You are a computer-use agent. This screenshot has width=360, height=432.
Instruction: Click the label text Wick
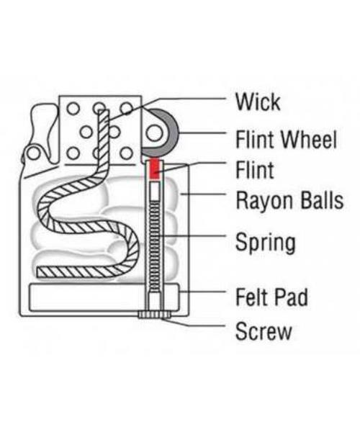coord(258,102)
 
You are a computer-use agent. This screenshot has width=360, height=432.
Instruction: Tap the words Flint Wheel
coord(287,139)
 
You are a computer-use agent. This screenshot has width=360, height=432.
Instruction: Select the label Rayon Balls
coord(290,201)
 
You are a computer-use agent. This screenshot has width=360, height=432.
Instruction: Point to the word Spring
coord(266,243)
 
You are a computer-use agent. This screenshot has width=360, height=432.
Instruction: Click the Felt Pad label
coord(272,297)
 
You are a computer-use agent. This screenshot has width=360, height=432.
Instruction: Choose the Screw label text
coord(264,331)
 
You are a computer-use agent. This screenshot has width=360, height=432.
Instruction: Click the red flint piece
coord(155,168)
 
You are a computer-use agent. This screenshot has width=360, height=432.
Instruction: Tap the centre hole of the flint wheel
coord(154,132)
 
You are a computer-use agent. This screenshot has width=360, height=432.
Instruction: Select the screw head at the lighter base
coord(155,315)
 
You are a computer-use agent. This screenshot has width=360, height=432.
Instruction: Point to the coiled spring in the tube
coord(155,246)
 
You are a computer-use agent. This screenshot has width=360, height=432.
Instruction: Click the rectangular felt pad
coord(104,297)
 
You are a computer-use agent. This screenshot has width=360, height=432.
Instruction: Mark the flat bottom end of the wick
coord(39,272)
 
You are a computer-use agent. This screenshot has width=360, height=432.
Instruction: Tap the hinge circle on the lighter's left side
coord(34,153)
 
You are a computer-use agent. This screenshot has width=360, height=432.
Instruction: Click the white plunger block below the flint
coord(155,192)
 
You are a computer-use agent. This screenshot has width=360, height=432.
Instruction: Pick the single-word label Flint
coord(255,170)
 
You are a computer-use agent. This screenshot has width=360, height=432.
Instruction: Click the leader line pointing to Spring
coord(193,236)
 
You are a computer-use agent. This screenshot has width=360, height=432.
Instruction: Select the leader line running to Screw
coord(195,323)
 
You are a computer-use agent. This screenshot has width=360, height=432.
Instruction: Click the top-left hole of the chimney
coord(73,109)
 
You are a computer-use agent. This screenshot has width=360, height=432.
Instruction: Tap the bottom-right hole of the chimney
coord(127,153)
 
